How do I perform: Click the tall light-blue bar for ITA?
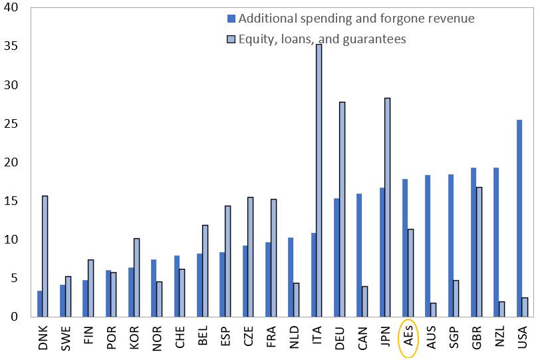point(319,180)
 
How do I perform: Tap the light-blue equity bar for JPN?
point(387,207)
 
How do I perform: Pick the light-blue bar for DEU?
point(342,209)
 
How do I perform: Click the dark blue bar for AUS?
point(428,246)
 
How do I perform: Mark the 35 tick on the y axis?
point(13,47)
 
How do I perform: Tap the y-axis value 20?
point(13,162)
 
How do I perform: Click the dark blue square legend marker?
point(231,18)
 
